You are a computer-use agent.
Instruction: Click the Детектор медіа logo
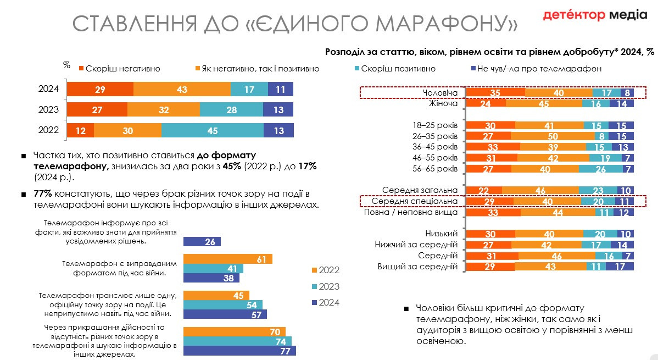coord(595,15)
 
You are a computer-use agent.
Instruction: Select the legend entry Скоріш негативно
coord(119,69)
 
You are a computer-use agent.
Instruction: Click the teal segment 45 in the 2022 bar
coord(213,131)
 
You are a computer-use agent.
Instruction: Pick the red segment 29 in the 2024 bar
coord(100,90)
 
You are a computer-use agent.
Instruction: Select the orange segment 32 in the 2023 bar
coord(164,110)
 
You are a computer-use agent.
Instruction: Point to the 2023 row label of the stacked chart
coord(48,110)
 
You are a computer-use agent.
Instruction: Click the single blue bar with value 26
coord(202,242)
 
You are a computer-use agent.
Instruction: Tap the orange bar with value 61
coord(228,259)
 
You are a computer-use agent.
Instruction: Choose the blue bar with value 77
coord(239,351)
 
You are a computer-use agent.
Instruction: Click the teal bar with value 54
coord(223,305)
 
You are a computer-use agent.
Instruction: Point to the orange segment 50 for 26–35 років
coord(553,136)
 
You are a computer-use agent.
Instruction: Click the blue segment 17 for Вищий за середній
coord(620,267)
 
